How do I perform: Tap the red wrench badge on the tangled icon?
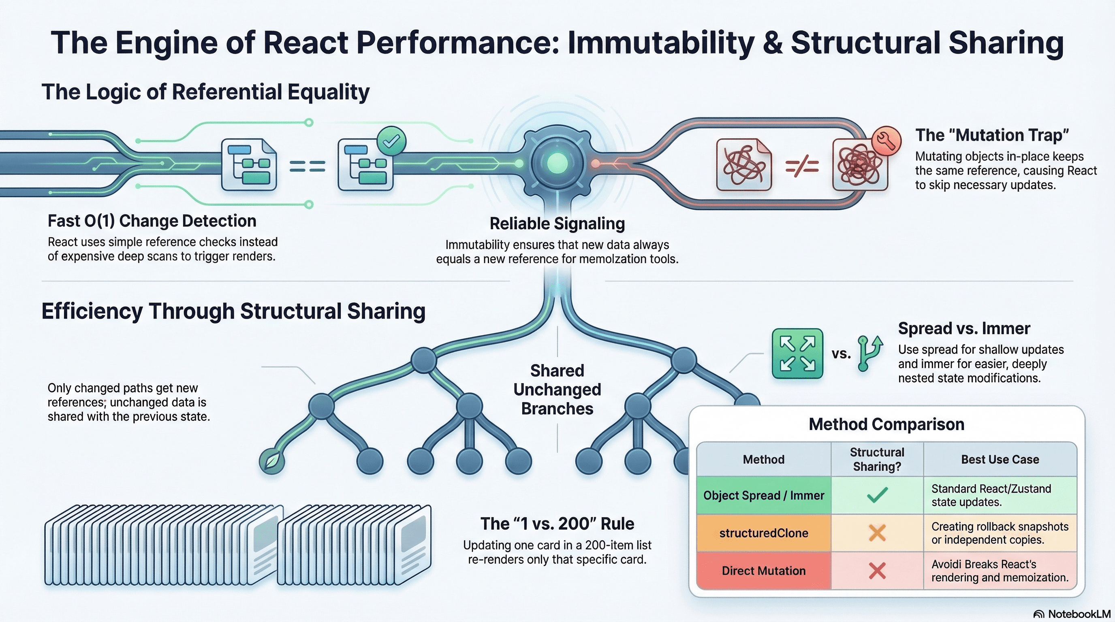coord(886,141)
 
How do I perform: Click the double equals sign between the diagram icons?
coord(308,166)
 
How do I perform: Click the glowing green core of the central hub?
coord(557,164)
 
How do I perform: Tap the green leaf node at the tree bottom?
coord(272,461)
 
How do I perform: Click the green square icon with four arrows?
coord(797,354)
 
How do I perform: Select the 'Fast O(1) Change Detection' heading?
coord(152,221)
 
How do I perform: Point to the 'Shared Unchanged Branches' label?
coord(557,389)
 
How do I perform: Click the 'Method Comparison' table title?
coord(886,424)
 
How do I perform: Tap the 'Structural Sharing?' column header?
coord(877,459)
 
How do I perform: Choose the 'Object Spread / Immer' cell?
coord(764,495)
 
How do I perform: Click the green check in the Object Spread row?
coord(877,495)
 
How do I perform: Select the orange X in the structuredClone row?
coord(877,533)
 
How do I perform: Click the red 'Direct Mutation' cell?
coord(764,571)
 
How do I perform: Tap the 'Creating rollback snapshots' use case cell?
coord(1000,533)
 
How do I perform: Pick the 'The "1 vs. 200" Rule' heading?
coord(557,524)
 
